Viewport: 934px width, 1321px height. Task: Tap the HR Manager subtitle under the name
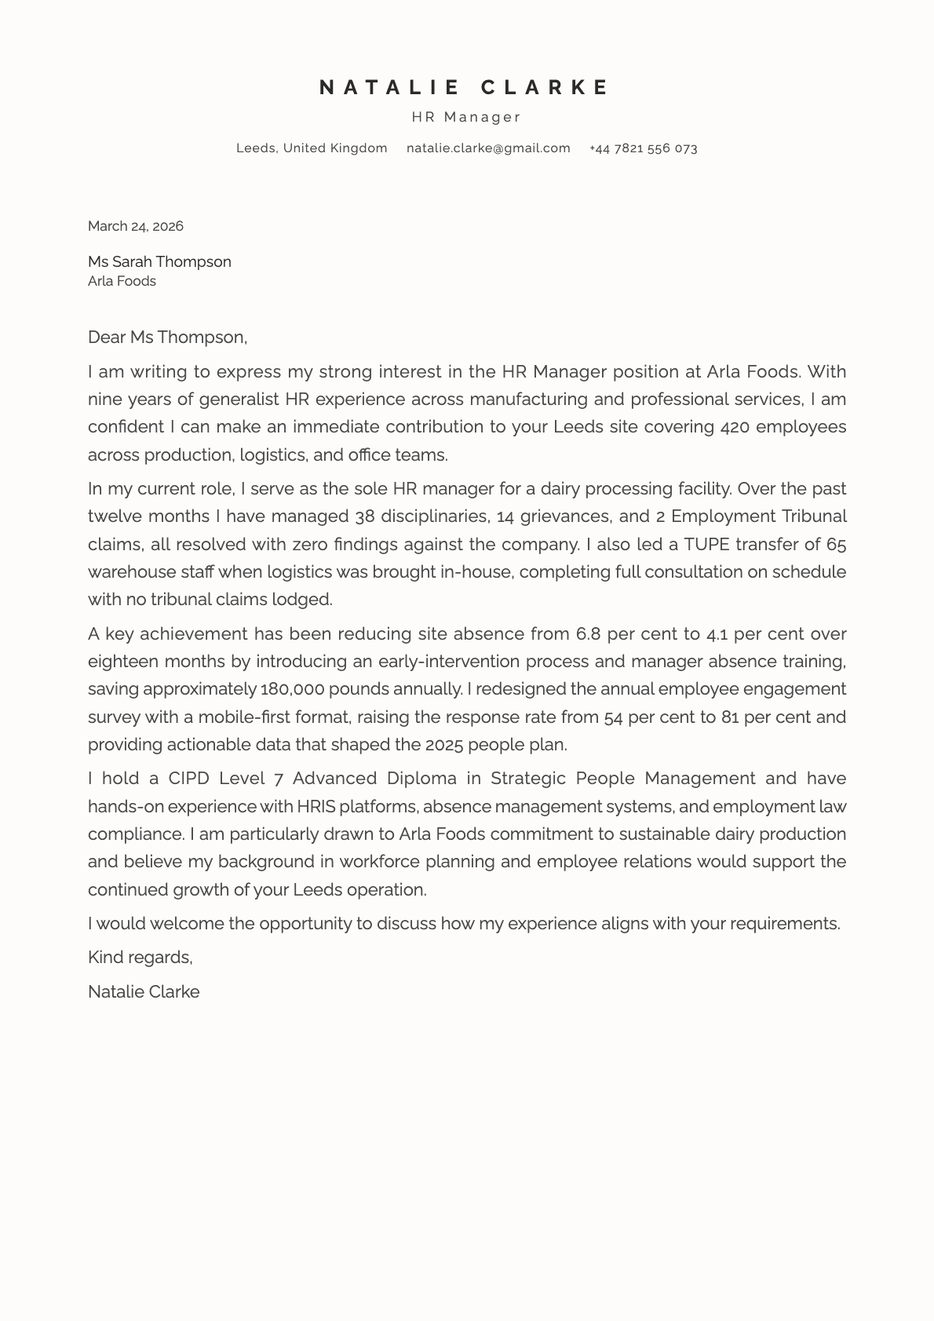pos(466,118)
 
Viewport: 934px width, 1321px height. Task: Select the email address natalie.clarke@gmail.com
pos(488,148)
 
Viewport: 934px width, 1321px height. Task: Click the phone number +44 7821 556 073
pos(643,148)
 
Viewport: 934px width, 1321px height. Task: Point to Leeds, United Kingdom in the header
pos(312,148)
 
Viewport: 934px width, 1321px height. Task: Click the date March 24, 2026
pos(136,227)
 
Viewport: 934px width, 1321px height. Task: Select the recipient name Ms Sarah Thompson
pos(159,262)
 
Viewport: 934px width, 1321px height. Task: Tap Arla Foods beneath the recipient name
pos(122,282)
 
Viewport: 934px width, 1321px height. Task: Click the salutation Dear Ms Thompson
pos(167,338)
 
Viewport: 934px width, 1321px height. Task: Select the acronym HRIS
pos(316,807)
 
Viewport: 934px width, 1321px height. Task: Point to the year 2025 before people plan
pos(443,745)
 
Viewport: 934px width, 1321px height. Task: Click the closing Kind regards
pos(140,958)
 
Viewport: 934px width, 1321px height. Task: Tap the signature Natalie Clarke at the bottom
pos(144,992)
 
